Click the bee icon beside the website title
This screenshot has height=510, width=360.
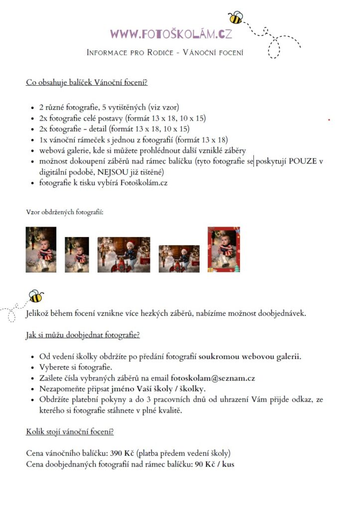235,18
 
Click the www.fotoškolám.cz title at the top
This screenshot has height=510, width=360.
171,34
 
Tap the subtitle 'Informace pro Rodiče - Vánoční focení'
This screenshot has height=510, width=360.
165,52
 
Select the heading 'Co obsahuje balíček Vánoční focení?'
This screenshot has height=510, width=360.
87,82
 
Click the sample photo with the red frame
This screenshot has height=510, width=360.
224,250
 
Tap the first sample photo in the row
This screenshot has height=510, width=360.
41,250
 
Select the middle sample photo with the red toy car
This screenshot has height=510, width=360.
123,255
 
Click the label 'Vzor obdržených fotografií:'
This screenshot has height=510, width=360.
65,212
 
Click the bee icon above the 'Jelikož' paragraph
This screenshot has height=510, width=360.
36,297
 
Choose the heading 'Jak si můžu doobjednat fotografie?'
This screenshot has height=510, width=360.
83,335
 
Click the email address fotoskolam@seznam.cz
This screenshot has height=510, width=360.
213,379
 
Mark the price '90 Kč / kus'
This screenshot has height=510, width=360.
215,464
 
